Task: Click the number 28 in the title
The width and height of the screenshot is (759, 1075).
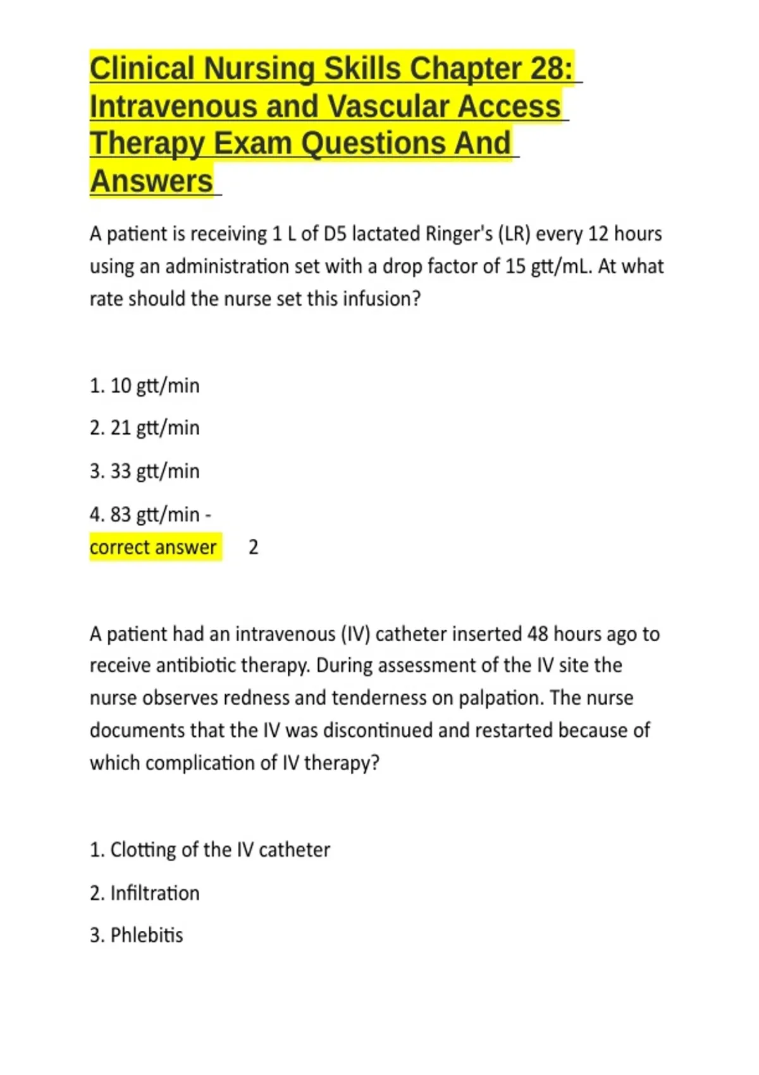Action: tap(550, 69)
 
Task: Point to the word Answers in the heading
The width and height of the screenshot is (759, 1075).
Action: tap(151, 181)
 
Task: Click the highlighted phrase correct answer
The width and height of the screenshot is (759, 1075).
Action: tap(153, 547)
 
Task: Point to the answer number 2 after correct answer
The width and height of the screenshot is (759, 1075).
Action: tap(253, 547)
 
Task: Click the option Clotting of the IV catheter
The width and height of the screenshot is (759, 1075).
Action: tap(210, 850)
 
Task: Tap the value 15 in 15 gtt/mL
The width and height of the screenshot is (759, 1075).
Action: tap(515, 266)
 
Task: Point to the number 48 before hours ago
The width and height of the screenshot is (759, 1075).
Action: tap(538, 634)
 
